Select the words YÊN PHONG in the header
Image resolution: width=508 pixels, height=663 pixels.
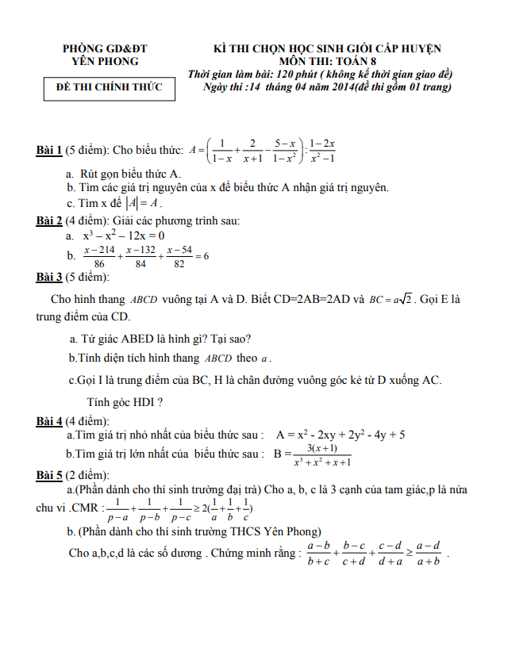tap(105, 61)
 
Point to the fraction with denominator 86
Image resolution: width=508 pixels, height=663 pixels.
tap(99, 256)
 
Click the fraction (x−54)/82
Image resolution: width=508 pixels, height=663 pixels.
tap(176, 256)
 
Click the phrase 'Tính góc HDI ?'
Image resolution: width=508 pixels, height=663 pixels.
tap(125, 401)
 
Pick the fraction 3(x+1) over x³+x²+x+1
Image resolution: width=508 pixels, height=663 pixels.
tap(322, 454)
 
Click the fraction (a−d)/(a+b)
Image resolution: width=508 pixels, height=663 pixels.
tap(428, 554)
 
